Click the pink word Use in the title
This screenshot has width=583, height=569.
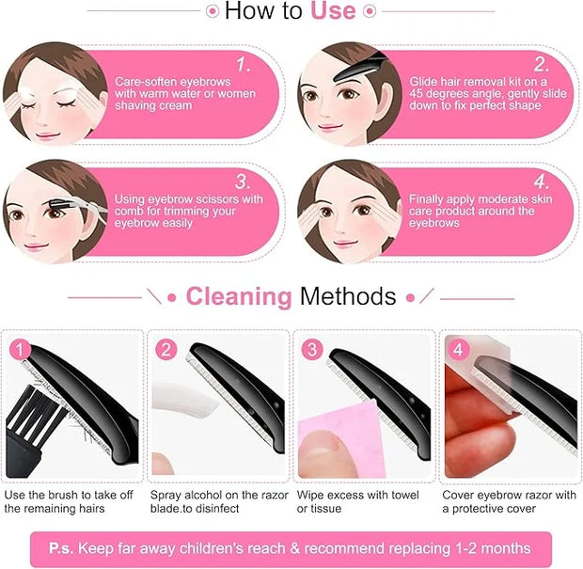(x=333, y=10)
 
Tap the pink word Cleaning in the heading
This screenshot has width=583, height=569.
(x=239, y=297)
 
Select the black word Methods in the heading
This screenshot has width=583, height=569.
(x=348, y=296)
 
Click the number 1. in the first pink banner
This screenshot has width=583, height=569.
(x=244, y=65)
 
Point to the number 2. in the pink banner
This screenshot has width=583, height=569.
(x=541, y=65)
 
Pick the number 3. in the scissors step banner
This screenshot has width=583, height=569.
(x=243, y=182)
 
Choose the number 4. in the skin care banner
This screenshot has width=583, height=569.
(x=541, y=182)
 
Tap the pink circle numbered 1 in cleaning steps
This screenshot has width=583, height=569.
(x=20, y=350)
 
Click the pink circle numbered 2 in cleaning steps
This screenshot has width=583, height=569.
(x=165, y=350)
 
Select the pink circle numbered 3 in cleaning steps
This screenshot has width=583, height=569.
(x=311, y=350)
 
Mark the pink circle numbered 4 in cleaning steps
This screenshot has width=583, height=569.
(x=458, y=350)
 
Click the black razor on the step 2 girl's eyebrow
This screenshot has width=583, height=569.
(x=360, y=67)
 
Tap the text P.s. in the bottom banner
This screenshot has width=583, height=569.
(x=62, y=548)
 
